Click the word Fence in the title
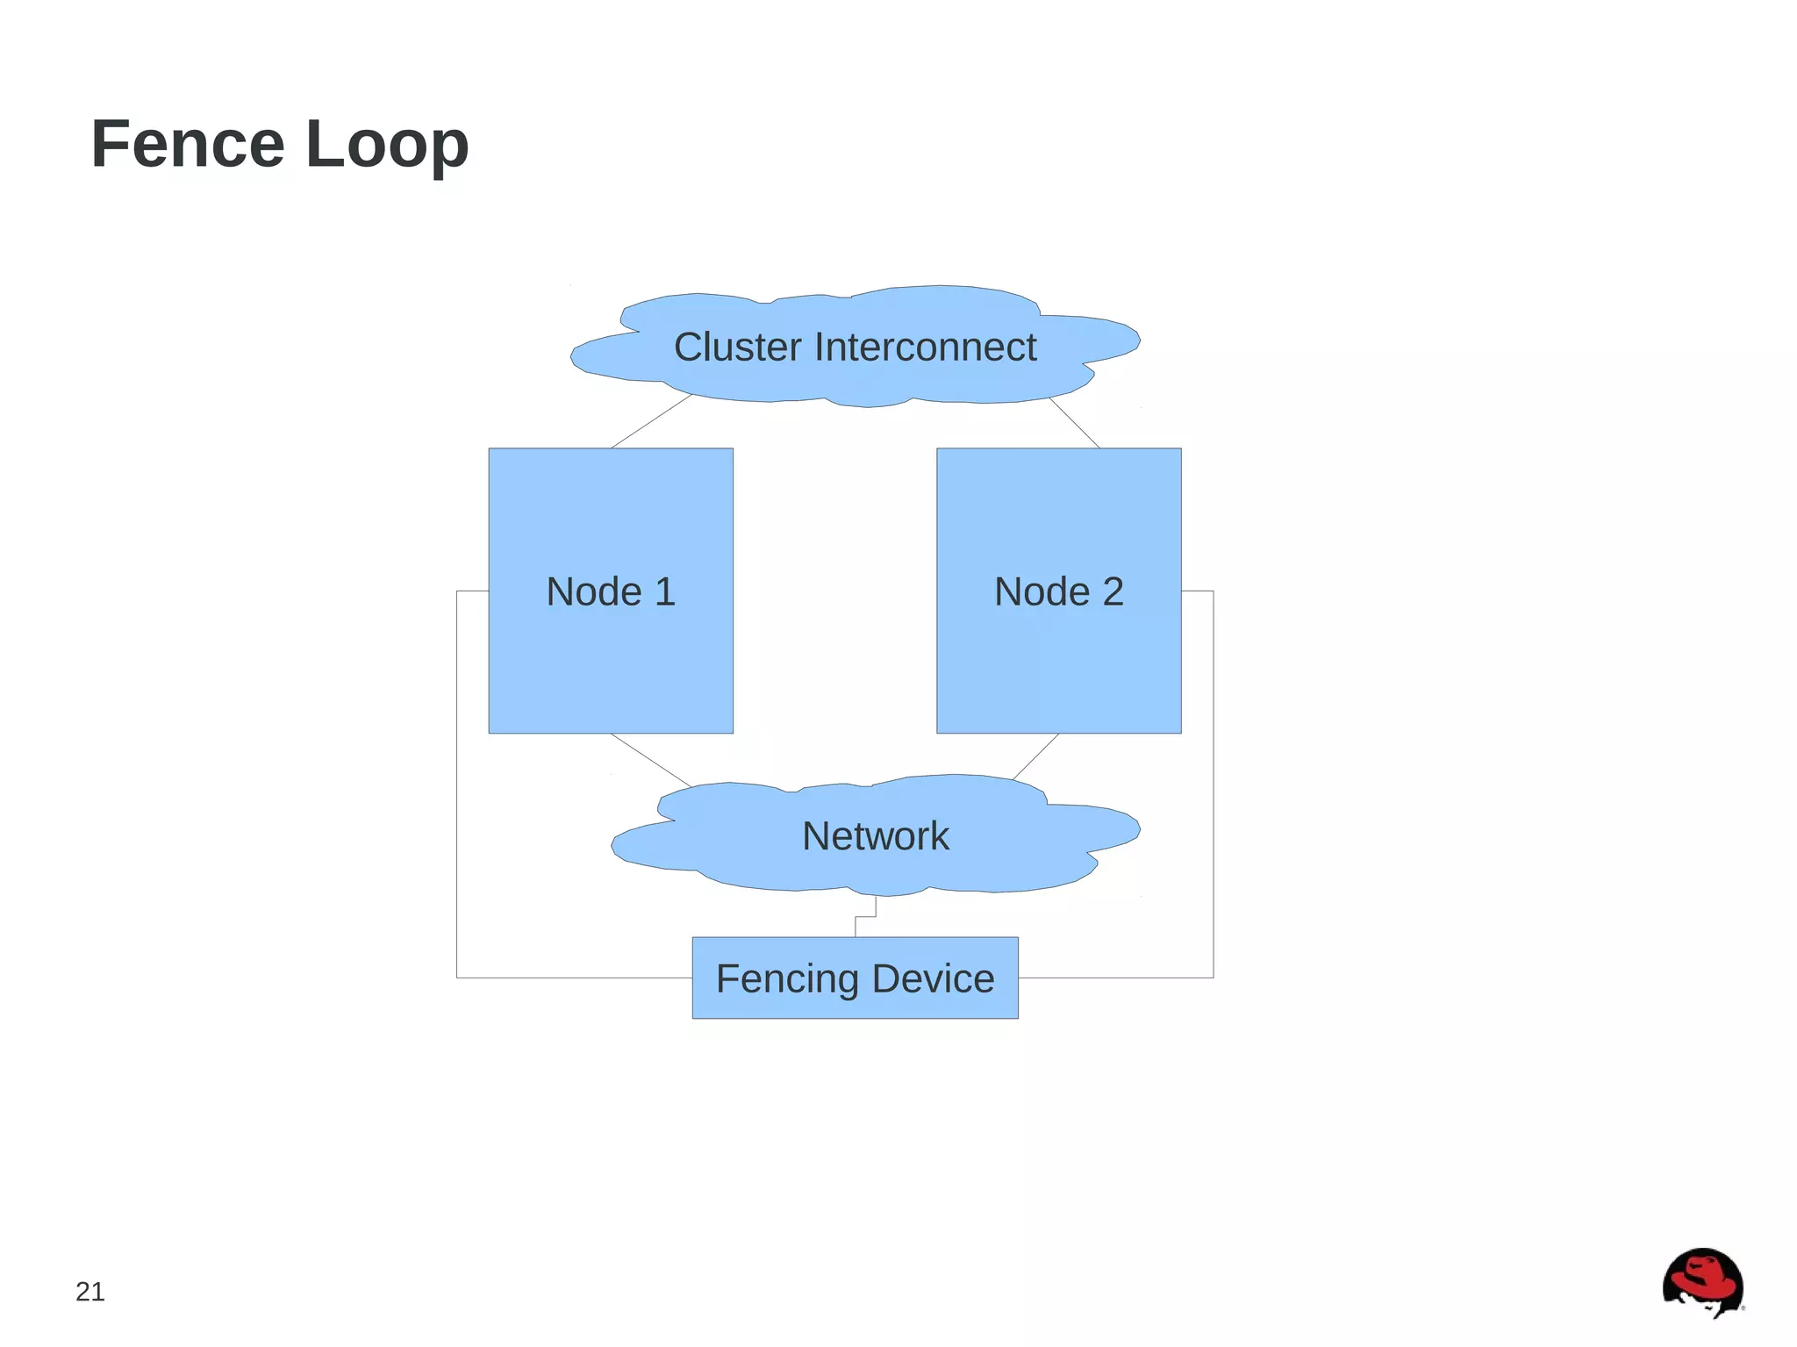188,144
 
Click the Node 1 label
611,591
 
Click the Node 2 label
1058,591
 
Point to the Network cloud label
875,835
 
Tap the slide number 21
90,1292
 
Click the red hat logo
1702,1282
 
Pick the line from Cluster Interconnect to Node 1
652,421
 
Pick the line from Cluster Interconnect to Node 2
1075,423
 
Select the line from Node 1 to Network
651,760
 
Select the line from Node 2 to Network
1035,756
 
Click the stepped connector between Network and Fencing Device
865,916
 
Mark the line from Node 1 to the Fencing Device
457,790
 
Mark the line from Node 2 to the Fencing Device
1214,790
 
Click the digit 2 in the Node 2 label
1113,591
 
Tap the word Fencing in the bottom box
787,979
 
